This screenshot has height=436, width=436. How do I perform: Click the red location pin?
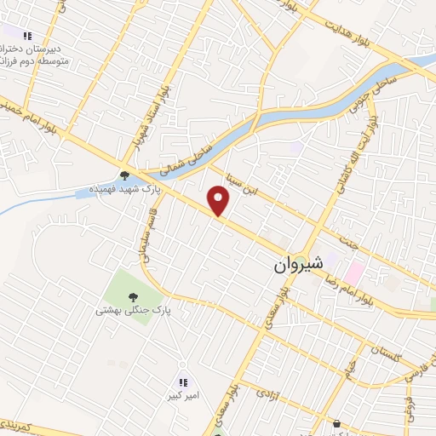coord(220,201)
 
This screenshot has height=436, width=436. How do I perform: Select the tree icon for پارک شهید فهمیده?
coord(125,176)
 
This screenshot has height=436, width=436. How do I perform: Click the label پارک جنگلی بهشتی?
coord(133,311)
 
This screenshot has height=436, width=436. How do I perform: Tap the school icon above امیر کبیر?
coord(183,381)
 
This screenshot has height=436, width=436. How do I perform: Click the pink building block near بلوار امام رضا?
coord(353,273)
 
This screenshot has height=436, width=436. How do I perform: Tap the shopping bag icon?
coord(337,423)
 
